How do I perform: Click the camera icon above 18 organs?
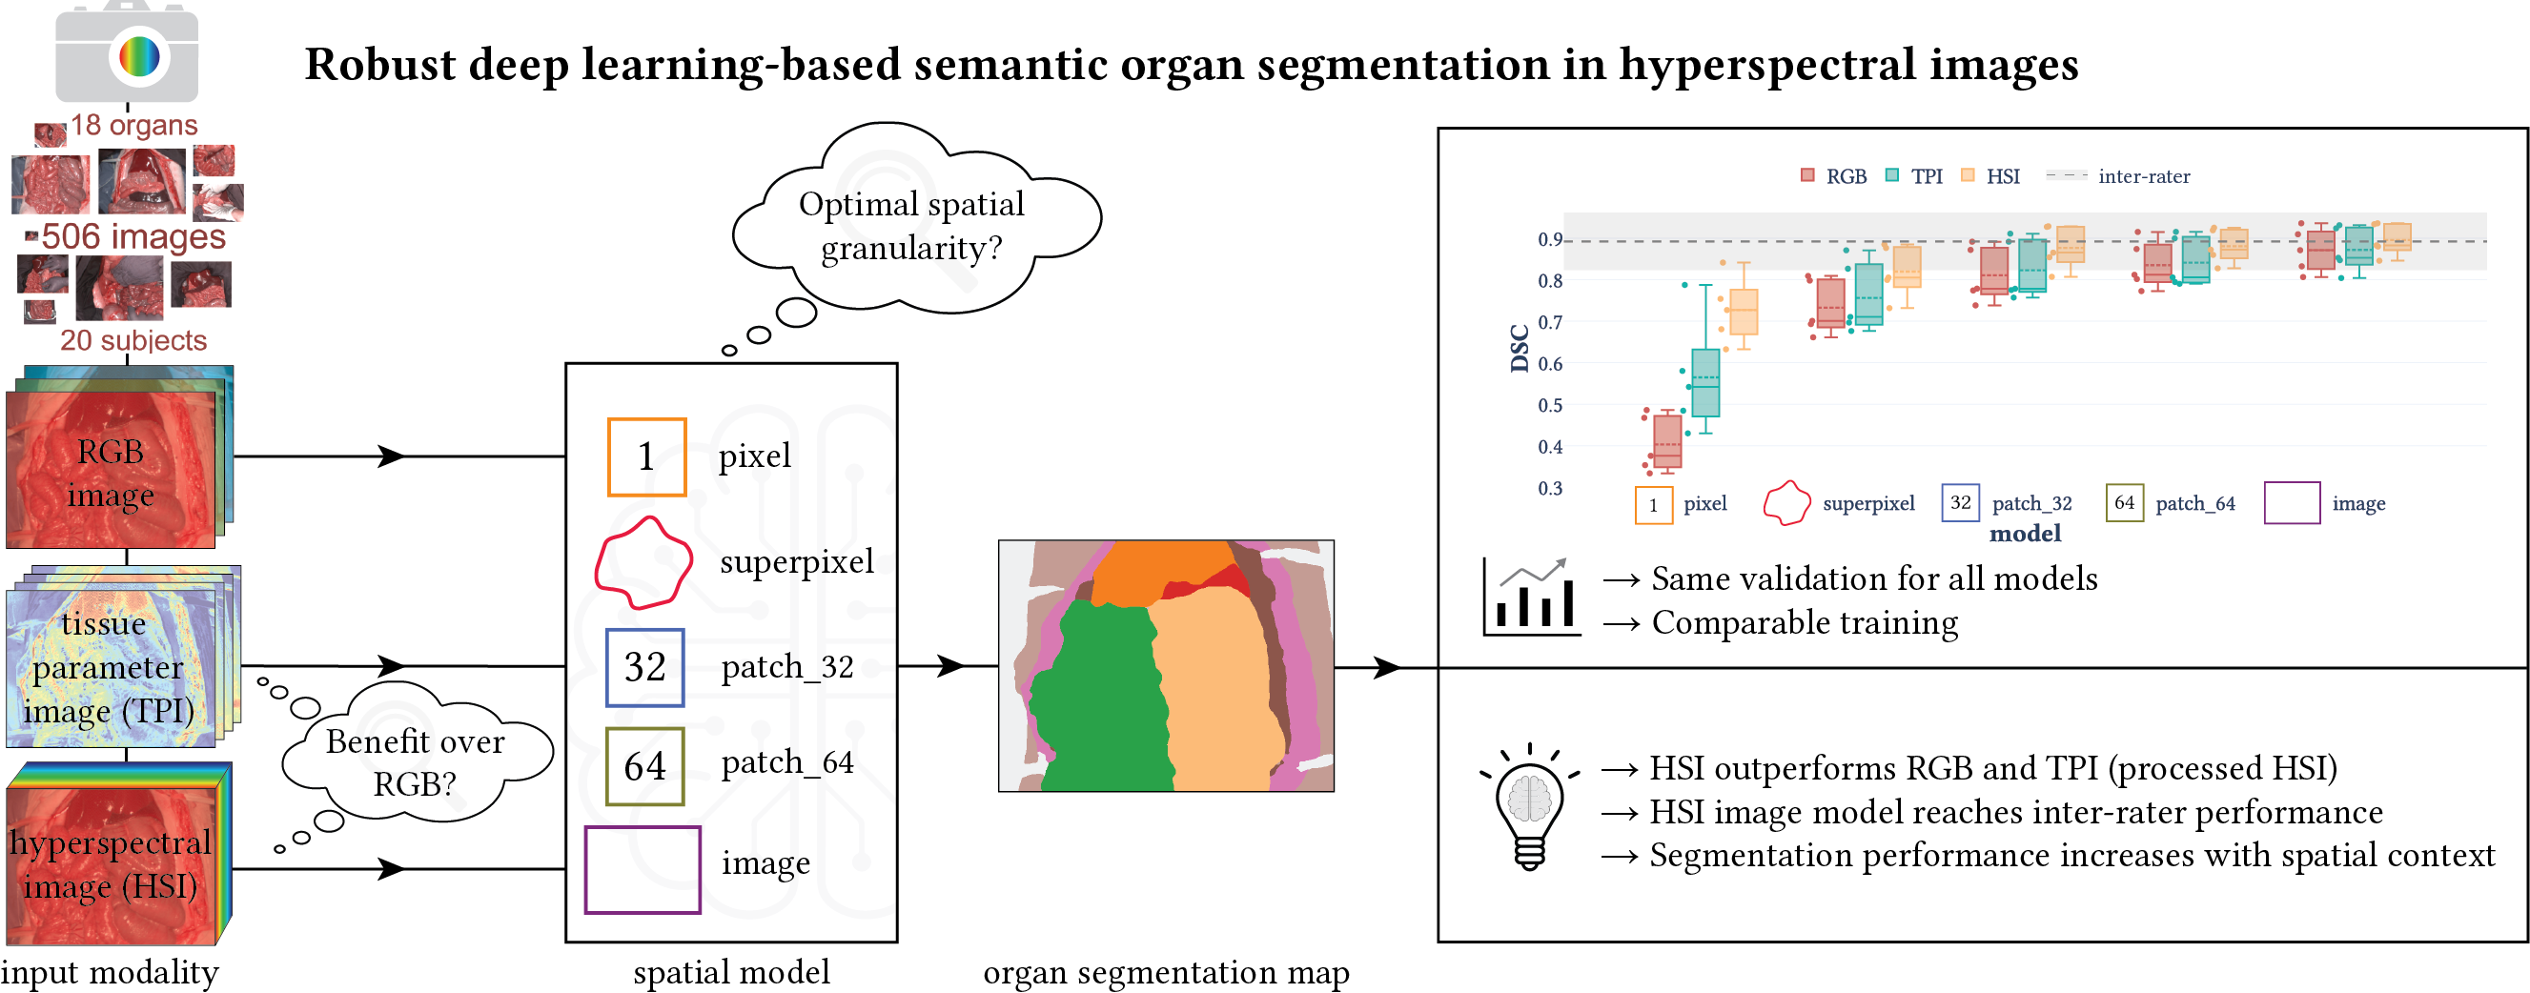point(127,53)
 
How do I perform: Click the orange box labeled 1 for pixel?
point(646,456)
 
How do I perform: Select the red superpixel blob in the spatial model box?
point(643,564)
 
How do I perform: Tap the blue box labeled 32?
point(644,668)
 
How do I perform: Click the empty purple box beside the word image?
point(643,869)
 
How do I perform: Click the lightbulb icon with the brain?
point(1529,806)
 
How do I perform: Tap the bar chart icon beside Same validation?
point(1531,598)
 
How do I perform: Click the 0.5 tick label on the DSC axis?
point(1550,406)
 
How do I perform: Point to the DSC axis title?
point(1520,349)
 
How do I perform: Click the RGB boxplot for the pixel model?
point(1666,442)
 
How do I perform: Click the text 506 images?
point(133,236)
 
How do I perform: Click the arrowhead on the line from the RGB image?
point(391,456)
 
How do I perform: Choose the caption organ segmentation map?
point(1166,972)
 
